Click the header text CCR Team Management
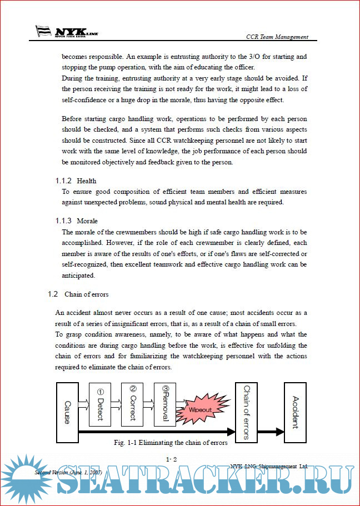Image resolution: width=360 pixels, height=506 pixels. [x=277, y=37]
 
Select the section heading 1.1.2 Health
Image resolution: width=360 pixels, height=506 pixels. [x=76, y=181]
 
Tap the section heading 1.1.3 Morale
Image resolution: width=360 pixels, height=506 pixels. [x=77, y=221]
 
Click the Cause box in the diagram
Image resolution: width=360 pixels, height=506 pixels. [x=67, y=412]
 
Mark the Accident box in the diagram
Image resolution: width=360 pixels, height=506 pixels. [x=295, y=412]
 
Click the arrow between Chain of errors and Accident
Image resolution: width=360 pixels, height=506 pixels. [x=272, y=431]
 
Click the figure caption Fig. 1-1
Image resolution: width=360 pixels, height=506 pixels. [x=170, y=443]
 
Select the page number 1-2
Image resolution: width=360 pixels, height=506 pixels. [x=172, y=459]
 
